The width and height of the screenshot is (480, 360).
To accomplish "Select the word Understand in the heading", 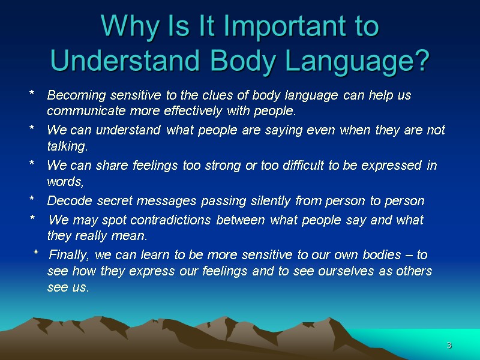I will point(112,61).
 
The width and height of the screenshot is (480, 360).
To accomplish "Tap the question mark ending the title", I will point(422,61).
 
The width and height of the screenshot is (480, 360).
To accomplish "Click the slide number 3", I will point(449,346).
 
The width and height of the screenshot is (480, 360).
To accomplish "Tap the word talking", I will point(67,146).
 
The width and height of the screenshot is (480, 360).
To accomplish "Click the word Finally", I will point(68,255).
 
